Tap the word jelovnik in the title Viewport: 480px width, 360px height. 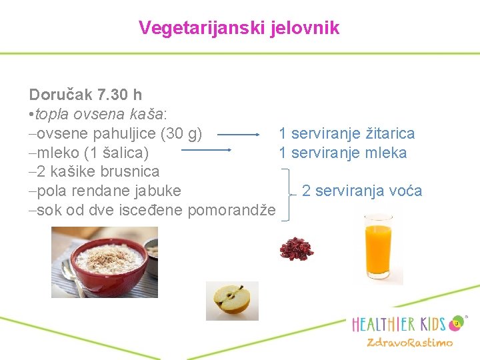click(305, 28)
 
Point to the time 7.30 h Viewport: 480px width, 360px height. click(119, 95)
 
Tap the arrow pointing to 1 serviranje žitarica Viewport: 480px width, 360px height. click(238, 134)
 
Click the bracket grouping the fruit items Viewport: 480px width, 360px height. click(287, 193)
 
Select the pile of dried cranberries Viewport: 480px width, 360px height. click(295, 249)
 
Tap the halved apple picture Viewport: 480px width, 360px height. click(231, 301)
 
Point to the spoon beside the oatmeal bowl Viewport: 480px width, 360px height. click(69, 273)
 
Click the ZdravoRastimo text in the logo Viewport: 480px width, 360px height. click(409, 343)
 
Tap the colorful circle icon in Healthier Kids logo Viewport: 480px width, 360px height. click(457, 323)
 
